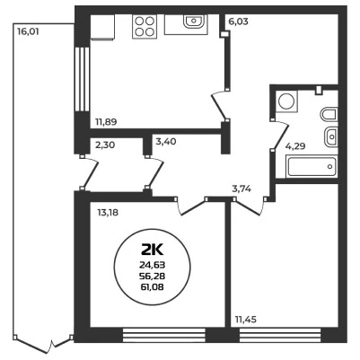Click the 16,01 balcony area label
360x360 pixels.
[x=28, y=31]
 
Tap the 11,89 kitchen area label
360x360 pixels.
[x=106, y=122]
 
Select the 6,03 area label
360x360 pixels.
[x=238, y=22]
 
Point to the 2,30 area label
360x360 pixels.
[x=105, y=145]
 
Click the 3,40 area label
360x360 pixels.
[x=166, y=141]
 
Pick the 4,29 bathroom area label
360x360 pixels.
[x=295, y=146]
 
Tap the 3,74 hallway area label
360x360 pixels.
[x=241, y=189]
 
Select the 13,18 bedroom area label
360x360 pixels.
[x=108, y=213]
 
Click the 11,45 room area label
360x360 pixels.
[x=246, y=320]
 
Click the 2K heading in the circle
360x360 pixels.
[x=153, y=250]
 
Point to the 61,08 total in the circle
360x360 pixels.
[x=153, y=287]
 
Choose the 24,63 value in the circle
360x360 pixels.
[x=153, y=265]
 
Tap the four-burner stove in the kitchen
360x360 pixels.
[x=145, y=26]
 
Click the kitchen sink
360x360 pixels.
[x=194, y=22]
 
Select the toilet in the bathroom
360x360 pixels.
[x=329, y=114]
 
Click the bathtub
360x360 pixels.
[x=312, y=166]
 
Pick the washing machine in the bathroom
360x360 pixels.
[x=286, y=101]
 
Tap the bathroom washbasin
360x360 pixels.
[x=331, y=136]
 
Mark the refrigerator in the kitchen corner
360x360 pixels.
[x=102, y=26]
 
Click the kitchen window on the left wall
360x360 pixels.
[x=82, y=79]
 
